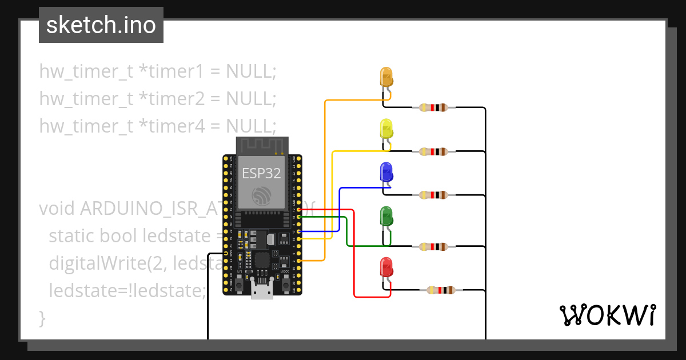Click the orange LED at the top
pos(387,77)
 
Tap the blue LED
pos(387,171)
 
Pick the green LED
pos(387,216)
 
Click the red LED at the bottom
pos(387,267)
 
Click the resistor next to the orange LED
pos(434,107)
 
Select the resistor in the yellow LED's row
pos(434,151)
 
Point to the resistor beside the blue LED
pos(434,195)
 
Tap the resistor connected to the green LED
pos(434,247)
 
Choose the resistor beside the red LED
pos(441,290)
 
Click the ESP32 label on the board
pos(261,173)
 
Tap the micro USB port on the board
pos(261,292)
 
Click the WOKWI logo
pos(607,315)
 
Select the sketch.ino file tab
pos(101,25)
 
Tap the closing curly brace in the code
pos(42,317)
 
